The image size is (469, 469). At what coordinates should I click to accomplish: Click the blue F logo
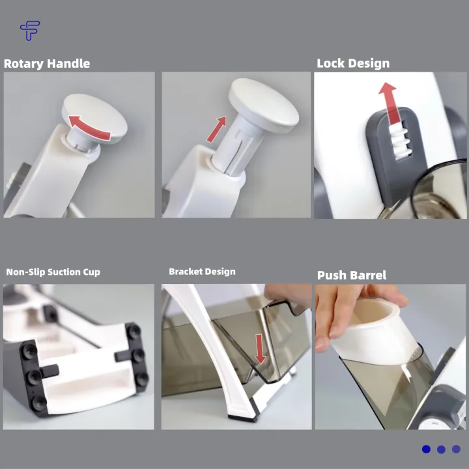[x=30, y=30]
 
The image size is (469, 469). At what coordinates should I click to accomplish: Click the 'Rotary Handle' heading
[x=47, y=64]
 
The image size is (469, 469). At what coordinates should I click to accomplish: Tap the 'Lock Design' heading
[x=353, y=63]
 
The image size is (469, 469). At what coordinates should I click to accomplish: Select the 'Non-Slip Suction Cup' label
[x=53, y=272]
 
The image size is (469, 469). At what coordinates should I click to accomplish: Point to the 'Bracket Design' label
[x=202, y=272]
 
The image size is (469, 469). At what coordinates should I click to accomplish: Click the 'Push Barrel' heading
[x=352, y=275]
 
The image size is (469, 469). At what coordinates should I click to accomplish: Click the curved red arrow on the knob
[x=89, y=128]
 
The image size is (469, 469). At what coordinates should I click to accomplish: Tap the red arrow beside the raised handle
[x=216, y=129]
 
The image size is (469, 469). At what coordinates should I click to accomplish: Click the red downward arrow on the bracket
[x=260, y=349]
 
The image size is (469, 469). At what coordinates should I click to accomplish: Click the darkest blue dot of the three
[x=426, y=449]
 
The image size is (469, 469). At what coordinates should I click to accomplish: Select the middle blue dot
[x=441, y=449]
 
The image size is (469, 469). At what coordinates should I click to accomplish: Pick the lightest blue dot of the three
[x=456, y=449]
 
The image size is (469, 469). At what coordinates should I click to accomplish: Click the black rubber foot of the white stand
[x=242, y=418]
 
